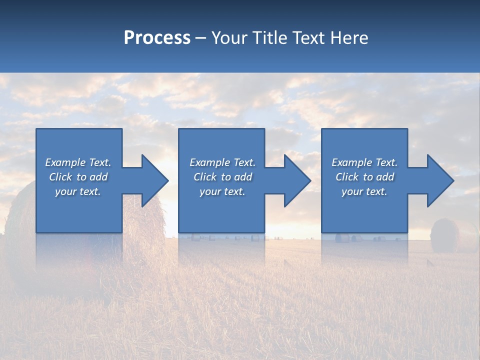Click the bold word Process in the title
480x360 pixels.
pyautogui.click(x=157, y=38)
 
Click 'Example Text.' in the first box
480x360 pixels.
pyautogui.click(x=78, y=162)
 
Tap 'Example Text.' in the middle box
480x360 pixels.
pyautogui.click(x=222, y=162)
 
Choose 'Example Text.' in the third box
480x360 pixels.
pyautogui.click(x=364, y=162)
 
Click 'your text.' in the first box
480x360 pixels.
pyautogui.click(x=78, y=191)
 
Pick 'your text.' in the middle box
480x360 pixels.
pyautogui.click(x=222, y=191)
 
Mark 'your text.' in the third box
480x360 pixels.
pyautogui.click(x=364, y=191)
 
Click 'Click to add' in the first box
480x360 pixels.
pyautogui.click(x=78, y=177)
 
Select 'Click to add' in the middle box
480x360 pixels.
pyautogui.click(x=222, y=177)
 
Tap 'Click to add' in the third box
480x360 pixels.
pyautogui.click(x=364, y=177)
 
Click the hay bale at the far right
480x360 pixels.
pyautogui.click(x=445, y=235)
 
